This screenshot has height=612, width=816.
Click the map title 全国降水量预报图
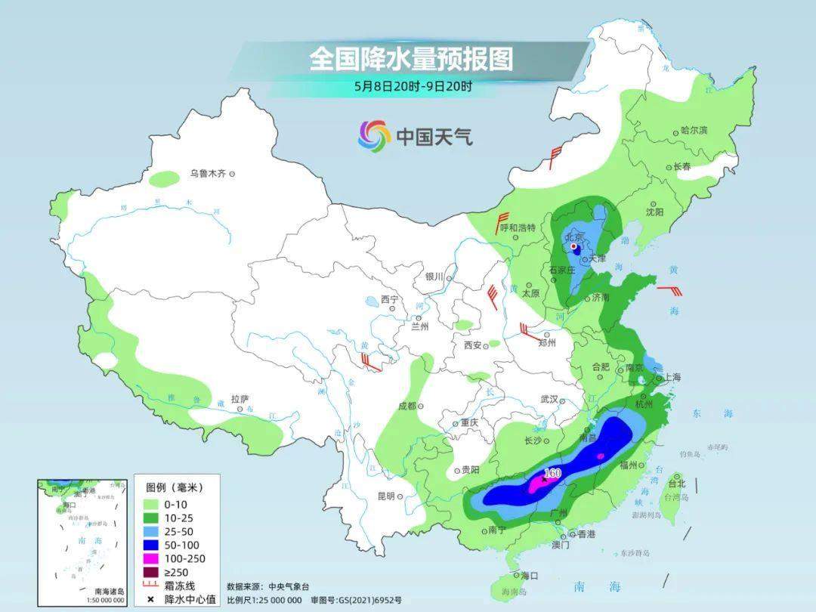coord(410,59)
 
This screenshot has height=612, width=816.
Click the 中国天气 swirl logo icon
coord(374,136)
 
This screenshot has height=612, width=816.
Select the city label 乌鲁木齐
coord(208,174)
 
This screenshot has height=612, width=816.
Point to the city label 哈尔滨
coord(694,131)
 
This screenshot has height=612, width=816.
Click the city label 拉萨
coord(240,398)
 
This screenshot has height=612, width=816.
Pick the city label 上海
coord(671,377)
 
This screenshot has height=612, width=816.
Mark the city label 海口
coord(529,576)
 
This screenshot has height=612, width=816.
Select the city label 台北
coord(677,484)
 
